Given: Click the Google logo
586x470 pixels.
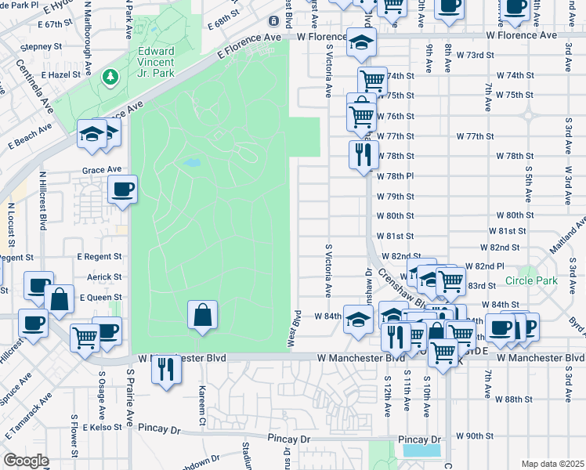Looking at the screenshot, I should click(x=26, y=461).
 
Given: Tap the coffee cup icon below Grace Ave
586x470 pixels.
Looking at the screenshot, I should click(x=123, y=189).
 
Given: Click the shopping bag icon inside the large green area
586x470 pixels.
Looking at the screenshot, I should click(x=202, y=315).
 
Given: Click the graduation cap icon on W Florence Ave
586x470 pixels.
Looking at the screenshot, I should click(x=361, y=42).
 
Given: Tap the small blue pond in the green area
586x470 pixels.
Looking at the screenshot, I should click(x=190, y=164).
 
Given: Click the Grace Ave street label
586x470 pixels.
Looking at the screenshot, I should click(x=102, y=169).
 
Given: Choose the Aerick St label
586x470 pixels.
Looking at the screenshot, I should click(x=104, y=277).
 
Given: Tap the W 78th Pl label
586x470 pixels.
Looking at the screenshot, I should click(x=395, y=176).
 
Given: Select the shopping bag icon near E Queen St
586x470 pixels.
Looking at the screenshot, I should click(x=60, y=298).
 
